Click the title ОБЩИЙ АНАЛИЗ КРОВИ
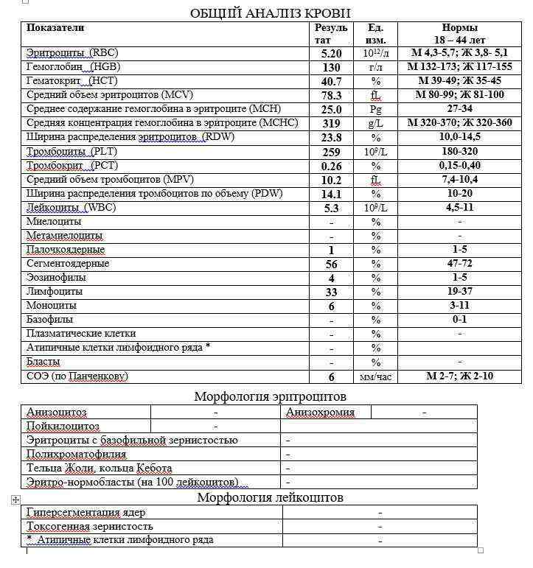tap(270, 13)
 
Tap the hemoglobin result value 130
tap(331, 67)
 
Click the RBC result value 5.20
tap(331, 53)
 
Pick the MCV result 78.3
tap(331, 95)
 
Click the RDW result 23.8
tap(331, 138)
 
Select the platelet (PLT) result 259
tap(331, 152)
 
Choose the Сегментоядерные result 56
tap(331, 264)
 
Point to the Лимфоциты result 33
tap(331, 292)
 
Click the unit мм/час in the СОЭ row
tap(375, 376)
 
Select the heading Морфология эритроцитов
tap(270, 396)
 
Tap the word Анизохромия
tap(320, 413)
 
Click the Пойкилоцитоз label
tap(63, 427)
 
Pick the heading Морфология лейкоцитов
tap(270, 497)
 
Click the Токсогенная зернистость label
tap(90, 526)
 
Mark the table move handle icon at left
tap(15, 500)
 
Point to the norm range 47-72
tap(460, 264)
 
